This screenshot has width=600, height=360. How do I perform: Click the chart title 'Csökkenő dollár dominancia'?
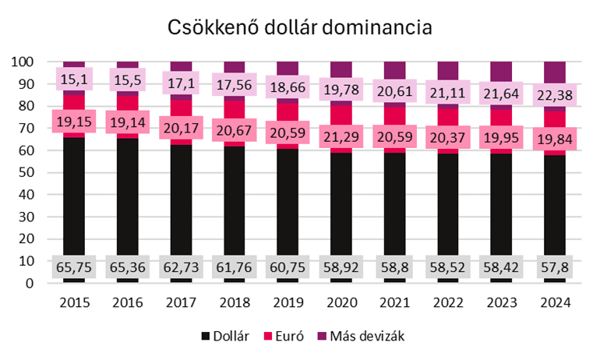[x=300, y=28]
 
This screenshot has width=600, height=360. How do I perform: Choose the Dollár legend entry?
[x=225, y=336]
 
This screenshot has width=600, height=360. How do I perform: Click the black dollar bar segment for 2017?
[x=181, y=203]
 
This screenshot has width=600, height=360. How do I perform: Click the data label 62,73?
[x=181, y=266]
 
